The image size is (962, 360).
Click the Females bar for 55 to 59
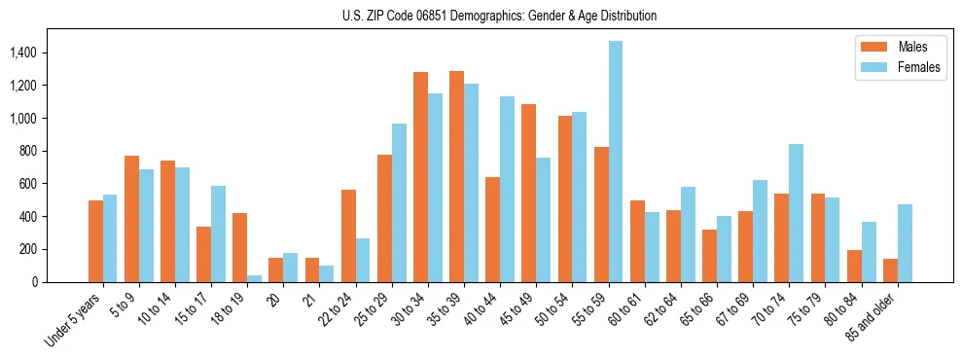(616, 162)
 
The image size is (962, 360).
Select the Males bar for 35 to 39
(457, 176)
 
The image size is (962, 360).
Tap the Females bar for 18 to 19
(255, 278)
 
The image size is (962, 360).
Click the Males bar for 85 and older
(889, 270)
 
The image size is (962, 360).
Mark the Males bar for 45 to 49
(529, 193)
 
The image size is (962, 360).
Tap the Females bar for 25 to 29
(399, 202)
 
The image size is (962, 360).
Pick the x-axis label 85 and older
(873, 316)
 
